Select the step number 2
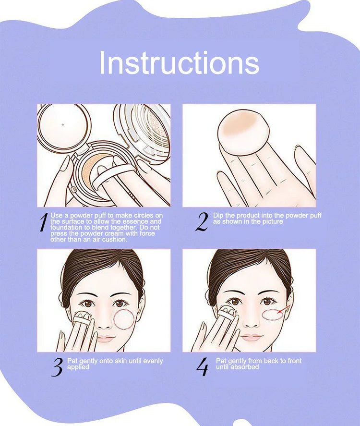click(202, 222)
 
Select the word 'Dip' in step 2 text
click(218, 216)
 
